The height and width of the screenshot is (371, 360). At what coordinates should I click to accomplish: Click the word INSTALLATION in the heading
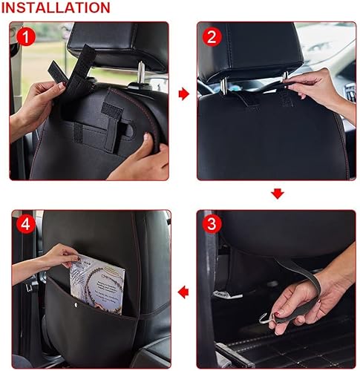[56, 8]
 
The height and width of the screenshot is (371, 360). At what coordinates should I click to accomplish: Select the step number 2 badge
[212, 36]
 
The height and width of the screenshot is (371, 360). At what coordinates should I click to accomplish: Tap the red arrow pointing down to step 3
[277, 194]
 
